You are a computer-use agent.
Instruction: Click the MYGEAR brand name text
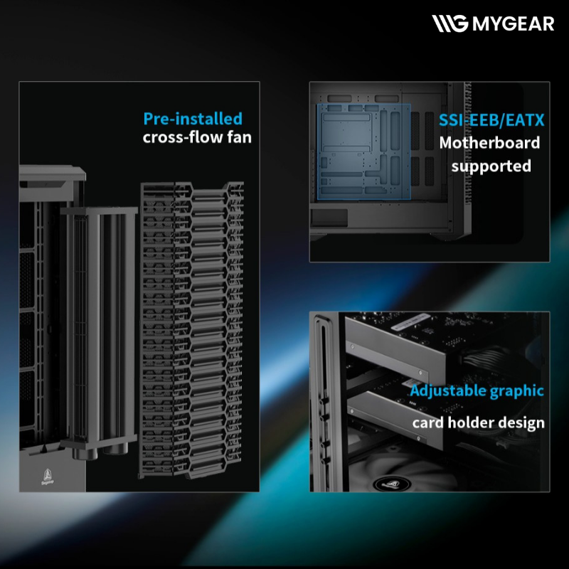(513, 23)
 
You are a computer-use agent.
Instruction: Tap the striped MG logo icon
(450, 23)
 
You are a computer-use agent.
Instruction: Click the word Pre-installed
(193, 119)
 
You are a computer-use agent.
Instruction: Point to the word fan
(239, 137)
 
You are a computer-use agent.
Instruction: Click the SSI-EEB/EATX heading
(491, 120)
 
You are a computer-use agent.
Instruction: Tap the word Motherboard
(489, 143)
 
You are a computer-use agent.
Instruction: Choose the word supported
(491, 166)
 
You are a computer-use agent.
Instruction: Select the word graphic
(517, 390)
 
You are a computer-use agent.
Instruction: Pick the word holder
(471, 422)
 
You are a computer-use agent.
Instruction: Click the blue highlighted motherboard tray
(364, 151)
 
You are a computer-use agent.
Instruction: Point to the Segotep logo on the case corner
(48, 477)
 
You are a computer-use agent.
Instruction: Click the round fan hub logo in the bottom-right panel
(392, 484)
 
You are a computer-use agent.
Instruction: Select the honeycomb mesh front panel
(191, 330)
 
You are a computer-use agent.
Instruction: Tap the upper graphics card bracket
(395, 349)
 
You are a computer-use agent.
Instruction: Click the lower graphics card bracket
(395, 418)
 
